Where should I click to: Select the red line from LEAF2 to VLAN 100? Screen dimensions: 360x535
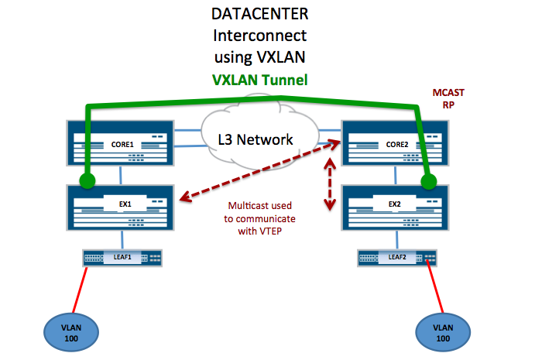(434, 291)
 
